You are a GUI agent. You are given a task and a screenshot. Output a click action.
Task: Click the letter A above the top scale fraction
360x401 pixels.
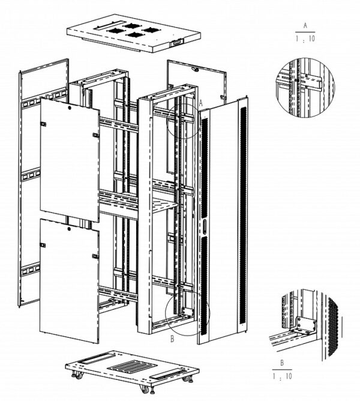click(306, 26)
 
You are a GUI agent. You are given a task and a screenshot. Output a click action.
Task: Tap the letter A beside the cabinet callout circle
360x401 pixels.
click(202, 103)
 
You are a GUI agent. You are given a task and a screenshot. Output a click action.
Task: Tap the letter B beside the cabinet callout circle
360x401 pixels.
click(172, 339)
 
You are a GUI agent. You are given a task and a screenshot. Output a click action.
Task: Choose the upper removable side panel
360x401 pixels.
click(70, 159)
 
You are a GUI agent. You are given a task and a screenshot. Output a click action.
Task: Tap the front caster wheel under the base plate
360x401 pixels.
click(143, 389)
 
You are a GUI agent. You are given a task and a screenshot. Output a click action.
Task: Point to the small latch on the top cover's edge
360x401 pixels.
click(176, 43)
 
